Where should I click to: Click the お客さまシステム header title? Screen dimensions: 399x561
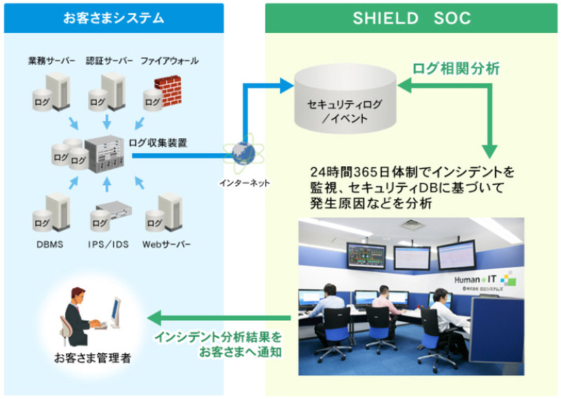point(112,18)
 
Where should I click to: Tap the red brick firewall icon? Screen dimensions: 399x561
point(167,90)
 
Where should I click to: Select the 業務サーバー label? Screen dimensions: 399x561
point(51,61)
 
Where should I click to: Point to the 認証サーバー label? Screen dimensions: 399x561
point(109,61)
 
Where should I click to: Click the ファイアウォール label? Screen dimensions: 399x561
point(169,61)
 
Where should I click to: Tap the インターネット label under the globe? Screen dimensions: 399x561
point(243,183)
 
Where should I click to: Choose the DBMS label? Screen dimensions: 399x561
point(50,245)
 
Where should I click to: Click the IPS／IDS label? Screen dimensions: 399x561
point(109,245)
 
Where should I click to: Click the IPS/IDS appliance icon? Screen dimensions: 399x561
point(112,211)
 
